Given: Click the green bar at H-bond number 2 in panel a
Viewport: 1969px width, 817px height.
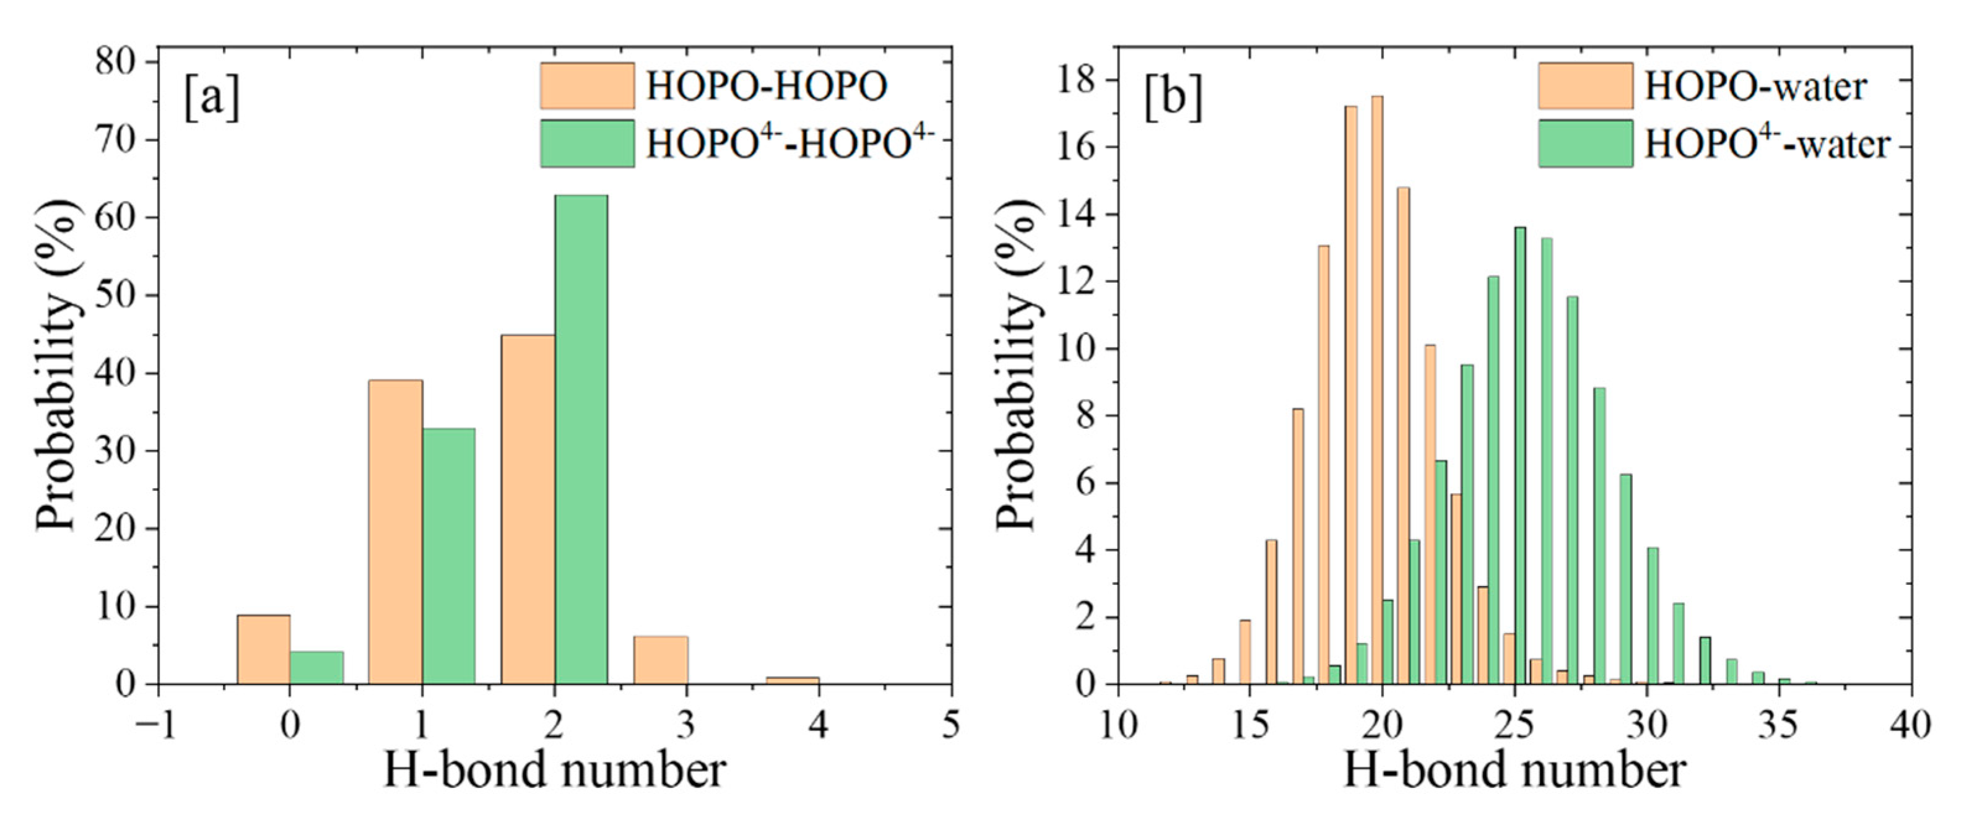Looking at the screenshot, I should click(581, 439).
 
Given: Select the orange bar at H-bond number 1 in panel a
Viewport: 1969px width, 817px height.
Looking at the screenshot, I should click(395, 531).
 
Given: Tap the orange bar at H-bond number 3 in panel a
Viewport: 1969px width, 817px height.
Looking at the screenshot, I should click(661, 660).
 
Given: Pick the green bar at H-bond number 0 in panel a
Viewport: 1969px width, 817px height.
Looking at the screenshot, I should click(316, 667).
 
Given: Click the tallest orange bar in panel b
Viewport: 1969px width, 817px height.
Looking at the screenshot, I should click(1376, 390).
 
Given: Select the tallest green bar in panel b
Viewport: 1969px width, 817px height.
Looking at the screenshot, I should click(1519, 455).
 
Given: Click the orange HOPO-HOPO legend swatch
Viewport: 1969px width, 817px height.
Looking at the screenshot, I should click(587, 85).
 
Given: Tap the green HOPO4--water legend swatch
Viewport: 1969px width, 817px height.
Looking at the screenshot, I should click(1585, 144).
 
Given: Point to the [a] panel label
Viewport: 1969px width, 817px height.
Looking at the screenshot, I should click(212, 100).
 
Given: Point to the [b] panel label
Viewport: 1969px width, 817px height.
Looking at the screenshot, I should click(1173, 100).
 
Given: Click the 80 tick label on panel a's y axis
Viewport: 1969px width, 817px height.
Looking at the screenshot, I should click(115, 61).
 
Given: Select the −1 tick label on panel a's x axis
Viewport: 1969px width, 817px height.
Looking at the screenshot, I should click(157, 725).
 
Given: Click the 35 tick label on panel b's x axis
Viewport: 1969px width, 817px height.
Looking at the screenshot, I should click(1778, 725).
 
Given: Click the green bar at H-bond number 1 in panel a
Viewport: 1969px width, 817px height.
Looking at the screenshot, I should click(449, 556).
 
